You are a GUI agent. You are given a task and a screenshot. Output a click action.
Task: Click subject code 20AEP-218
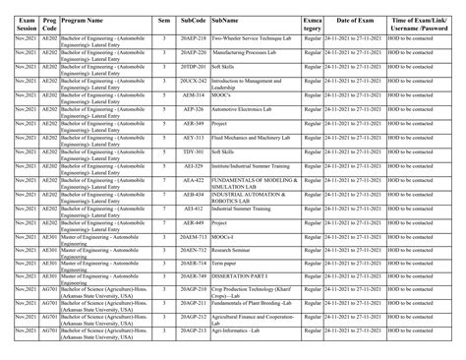194,37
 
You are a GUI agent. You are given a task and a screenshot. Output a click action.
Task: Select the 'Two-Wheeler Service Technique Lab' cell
249,37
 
